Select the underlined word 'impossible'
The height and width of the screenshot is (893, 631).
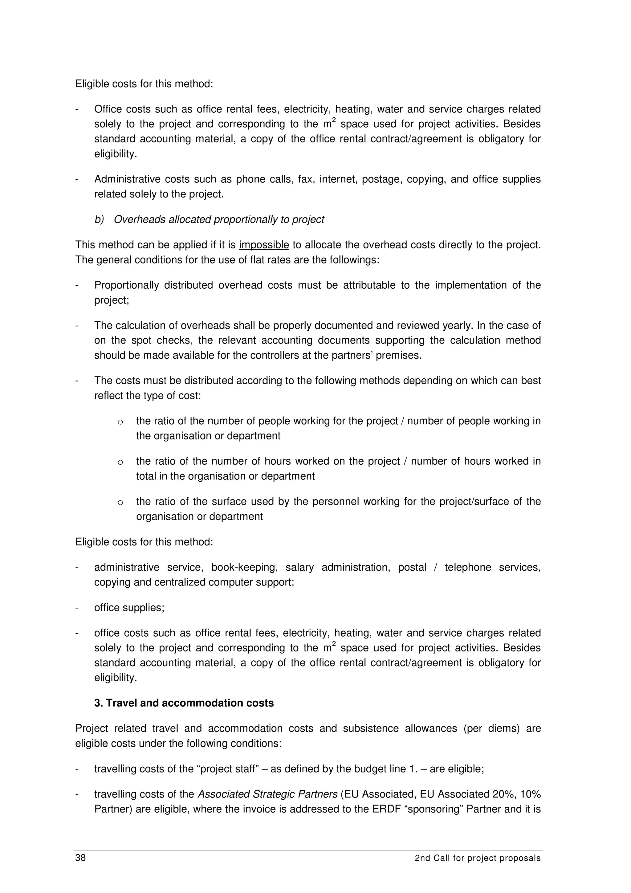264,245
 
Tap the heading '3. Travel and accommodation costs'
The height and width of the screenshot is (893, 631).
184,703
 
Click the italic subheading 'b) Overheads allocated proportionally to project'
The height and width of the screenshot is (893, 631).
209,219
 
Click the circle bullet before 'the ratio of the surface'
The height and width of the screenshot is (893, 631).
120,502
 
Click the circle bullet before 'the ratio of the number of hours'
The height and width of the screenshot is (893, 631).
120,462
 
